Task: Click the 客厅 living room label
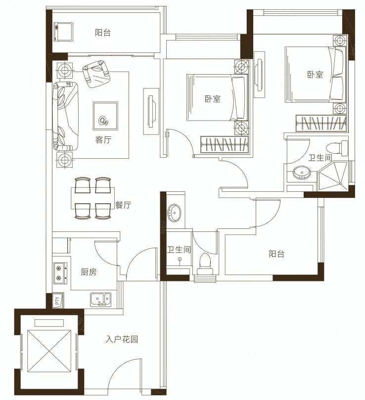pos(103,140)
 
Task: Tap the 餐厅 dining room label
pos(123,205)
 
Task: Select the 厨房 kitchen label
pos(89,272)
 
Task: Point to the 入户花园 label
pos(122,339)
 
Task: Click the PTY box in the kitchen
pos(58,301)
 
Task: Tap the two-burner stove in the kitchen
pos(60,273)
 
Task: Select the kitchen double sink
pos(101,299)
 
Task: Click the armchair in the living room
pos(96,74)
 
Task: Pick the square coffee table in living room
pos(105,116)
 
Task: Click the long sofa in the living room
pos(66,116)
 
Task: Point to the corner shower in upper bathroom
pos(332,176)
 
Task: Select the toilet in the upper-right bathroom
pos(337,148)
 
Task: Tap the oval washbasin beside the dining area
pos(174,212)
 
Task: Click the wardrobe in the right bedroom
pos(321,124)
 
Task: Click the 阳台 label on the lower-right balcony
pos(276,254)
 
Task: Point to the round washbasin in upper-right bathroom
pos(302,173)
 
